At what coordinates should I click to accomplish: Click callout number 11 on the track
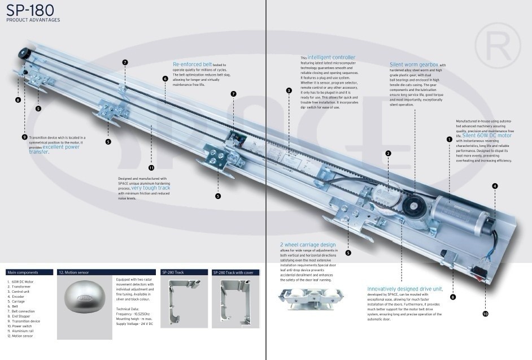(x=151, y=168)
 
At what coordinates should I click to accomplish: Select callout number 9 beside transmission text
(x=24, y=137)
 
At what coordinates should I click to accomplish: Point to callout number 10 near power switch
(x=485, y=314)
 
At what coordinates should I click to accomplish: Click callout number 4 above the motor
(x=495, y=186)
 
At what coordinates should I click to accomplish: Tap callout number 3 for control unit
(x=289, y=90)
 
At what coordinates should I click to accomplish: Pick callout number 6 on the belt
(x=165, y=79)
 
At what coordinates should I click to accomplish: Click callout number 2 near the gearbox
(x=388, y=153)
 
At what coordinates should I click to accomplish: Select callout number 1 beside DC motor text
(x=450, y=139)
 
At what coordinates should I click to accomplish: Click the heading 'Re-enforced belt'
(x=192, y=64)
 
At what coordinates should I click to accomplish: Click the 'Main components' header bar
(x=30, y=272)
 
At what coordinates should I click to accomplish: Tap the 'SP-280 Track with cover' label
(x=236, y=272)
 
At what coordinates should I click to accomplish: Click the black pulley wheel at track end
(x=24, y=53)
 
